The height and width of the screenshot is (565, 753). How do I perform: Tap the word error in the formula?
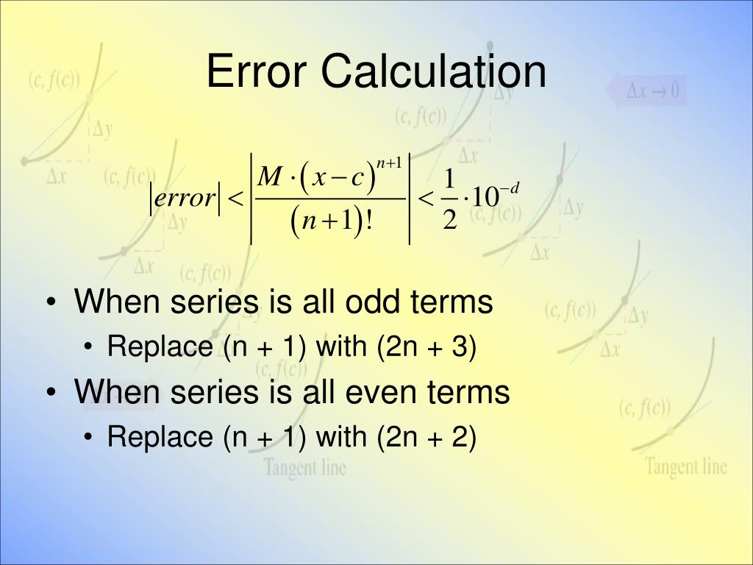tap(183, 198)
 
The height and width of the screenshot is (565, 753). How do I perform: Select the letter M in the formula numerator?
tap(271, 177)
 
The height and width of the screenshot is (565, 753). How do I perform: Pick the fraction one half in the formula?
tap(450, 199)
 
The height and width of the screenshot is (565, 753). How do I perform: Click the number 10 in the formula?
tap(485, 198)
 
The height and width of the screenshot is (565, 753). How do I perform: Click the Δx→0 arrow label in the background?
tap(647, 92)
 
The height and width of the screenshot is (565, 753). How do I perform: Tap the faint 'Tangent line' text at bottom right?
tap(685, 466)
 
